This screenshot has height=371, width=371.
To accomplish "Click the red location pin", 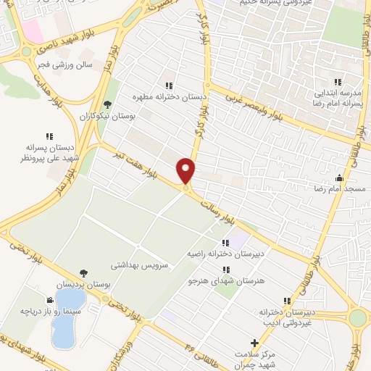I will coord(186,170).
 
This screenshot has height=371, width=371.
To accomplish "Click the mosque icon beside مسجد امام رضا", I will coord(339,177).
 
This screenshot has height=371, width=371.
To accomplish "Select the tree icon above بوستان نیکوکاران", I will coord(107,104).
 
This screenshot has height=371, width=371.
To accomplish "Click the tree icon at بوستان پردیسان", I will coord(84,273).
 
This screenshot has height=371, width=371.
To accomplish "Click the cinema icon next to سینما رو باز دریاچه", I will coord(49,300).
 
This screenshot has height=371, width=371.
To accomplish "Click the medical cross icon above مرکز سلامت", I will coord(254,342).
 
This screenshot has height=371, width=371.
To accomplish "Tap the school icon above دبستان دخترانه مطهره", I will coord(169,86).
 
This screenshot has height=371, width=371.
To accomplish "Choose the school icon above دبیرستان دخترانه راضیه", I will coord(225,243).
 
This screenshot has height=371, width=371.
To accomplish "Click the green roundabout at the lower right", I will coord(358,317).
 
